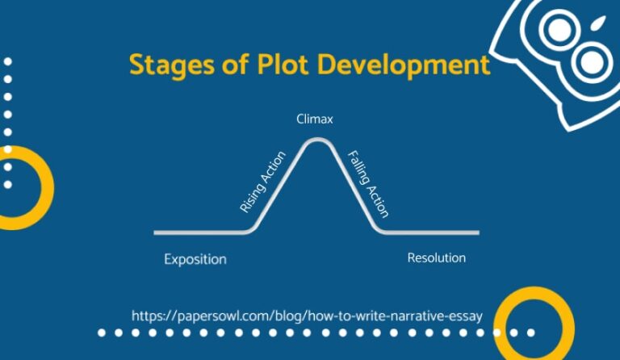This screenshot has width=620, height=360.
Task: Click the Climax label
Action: [315, 119]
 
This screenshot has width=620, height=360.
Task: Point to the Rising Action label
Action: [262, 182]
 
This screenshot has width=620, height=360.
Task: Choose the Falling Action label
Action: [367, 184]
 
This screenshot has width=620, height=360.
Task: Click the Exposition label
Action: [195, 260]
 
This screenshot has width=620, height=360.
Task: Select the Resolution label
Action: [437, 258]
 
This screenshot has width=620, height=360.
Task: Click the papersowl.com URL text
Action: [307, 316]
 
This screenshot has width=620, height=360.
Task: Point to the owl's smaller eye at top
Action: [558, 31]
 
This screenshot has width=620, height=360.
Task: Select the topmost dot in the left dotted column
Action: [8, 61]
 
